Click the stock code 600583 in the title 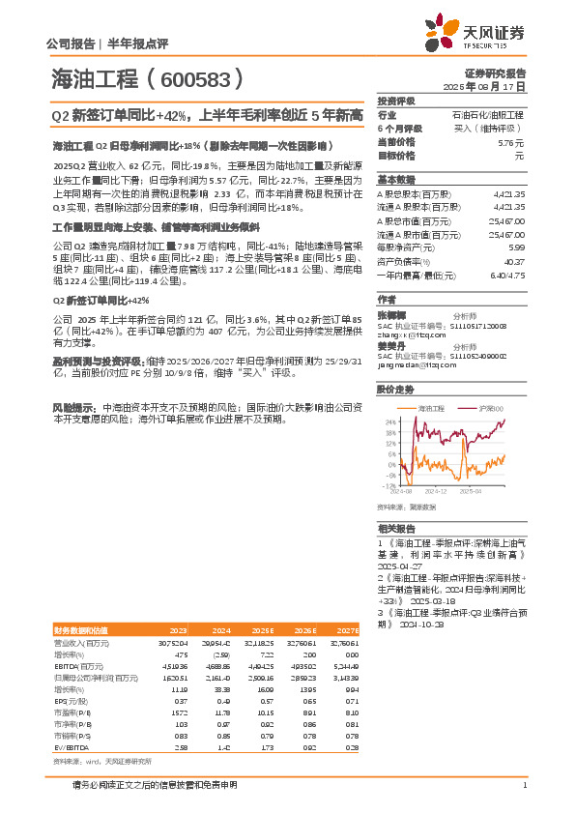[x=201, y=79]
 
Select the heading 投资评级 [x=396, y=101]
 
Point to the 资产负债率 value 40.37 [x=514, y=261]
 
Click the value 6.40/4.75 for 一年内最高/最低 [x=506, y=275]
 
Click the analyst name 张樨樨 [x=390, y=314]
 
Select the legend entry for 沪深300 [x=486, y=410]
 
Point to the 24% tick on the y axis [x=389, y=422]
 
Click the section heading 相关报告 [x=396, y=529]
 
